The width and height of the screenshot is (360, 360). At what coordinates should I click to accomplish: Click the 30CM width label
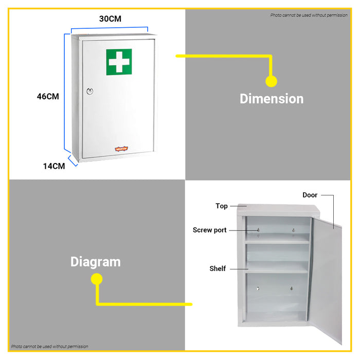[110, 19]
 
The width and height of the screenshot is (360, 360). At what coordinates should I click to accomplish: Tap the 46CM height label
[48, 97]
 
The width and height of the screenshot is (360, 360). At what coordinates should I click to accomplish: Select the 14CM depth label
[54, 166]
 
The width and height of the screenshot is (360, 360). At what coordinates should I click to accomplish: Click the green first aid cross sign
[119, 62]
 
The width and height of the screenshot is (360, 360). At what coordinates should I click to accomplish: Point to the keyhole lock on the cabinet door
[90, 92]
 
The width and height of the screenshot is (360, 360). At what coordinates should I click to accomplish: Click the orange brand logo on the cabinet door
[121, 149]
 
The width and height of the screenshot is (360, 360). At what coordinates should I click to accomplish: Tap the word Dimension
[272, 99]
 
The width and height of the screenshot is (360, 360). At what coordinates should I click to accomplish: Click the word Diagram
[96, 262]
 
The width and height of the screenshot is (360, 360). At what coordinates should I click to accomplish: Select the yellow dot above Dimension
[272, 81]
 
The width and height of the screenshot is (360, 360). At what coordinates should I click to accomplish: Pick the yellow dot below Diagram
[97, 279]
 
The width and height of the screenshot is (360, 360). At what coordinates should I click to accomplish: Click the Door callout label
[310, 195]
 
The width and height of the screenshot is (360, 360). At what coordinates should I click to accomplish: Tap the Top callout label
[222, 206]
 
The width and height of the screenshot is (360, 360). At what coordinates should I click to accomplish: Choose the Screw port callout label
[210, 230]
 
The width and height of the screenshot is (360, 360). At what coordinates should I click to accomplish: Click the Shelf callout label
[218, 268]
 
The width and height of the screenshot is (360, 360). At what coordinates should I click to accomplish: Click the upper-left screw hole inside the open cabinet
[258, 230]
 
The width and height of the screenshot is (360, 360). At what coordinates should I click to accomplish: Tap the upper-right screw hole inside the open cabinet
[294, 230]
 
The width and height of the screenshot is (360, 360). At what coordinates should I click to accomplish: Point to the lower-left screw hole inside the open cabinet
[258, 289]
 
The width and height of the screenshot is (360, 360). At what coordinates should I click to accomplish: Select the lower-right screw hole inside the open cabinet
[292, 289]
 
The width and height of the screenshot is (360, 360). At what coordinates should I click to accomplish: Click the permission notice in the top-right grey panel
[309, 15]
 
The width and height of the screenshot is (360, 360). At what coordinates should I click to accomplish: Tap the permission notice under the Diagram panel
[49, 347]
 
